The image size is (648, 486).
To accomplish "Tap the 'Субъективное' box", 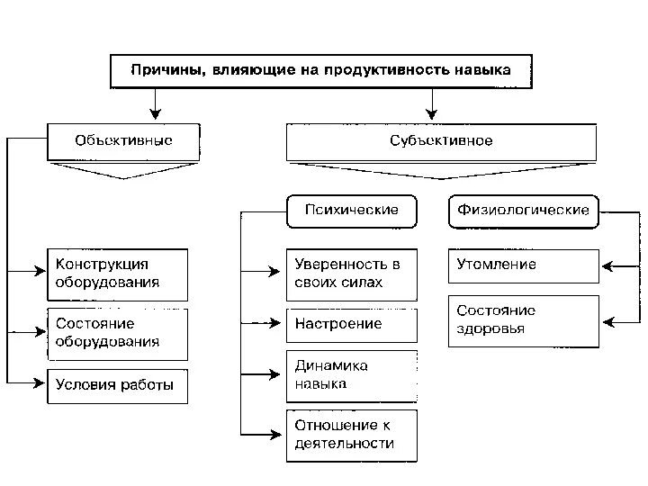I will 441,141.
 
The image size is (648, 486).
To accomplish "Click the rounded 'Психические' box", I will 352,211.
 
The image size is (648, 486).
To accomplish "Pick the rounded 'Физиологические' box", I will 523,211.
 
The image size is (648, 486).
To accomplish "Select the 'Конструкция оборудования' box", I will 117,274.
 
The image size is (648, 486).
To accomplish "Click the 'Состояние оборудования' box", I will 117,333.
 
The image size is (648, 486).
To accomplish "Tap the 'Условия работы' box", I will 117,386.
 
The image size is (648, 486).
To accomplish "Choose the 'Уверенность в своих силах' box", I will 352,274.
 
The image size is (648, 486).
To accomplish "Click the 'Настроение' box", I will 352,324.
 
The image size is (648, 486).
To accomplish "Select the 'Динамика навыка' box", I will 352,375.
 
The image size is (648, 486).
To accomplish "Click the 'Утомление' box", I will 523,265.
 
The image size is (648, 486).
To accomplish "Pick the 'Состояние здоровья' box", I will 523,320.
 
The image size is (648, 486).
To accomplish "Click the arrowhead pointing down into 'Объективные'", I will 156,114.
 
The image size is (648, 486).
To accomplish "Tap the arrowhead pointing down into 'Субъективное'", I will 432,114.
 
